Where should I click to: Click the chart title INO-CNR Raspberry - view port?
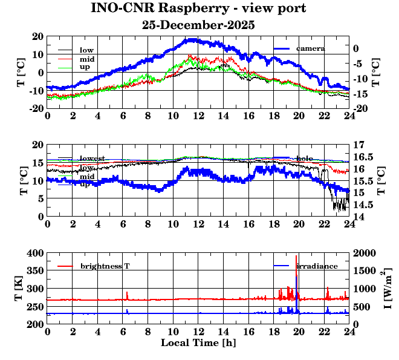198,9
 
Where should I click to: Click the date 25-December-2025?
198,25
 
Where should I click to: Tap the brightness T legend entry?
105,266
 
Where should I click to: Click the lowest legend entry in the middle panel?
92,158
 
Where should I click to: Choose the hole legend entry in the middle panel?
304,158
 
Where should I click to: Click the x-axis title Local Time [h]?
198,343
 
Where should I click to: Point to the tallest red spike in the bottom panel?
296,257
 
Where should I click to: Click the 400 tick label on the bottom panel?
35,253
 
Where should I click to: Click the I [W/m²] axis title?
387,288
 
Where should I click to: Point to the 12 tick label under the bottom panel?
198,332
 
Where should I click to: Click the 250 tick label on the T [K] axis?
35,307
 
